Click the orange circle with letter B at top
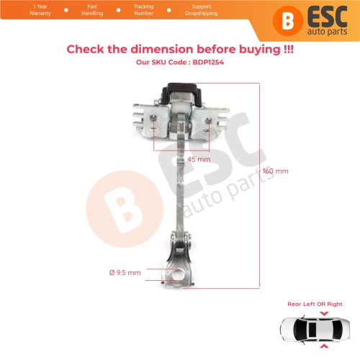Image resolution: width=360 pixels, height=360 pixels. tap(288, 19)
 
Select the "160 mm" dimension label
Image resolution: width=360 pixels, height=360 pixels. tap(275, 171)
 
